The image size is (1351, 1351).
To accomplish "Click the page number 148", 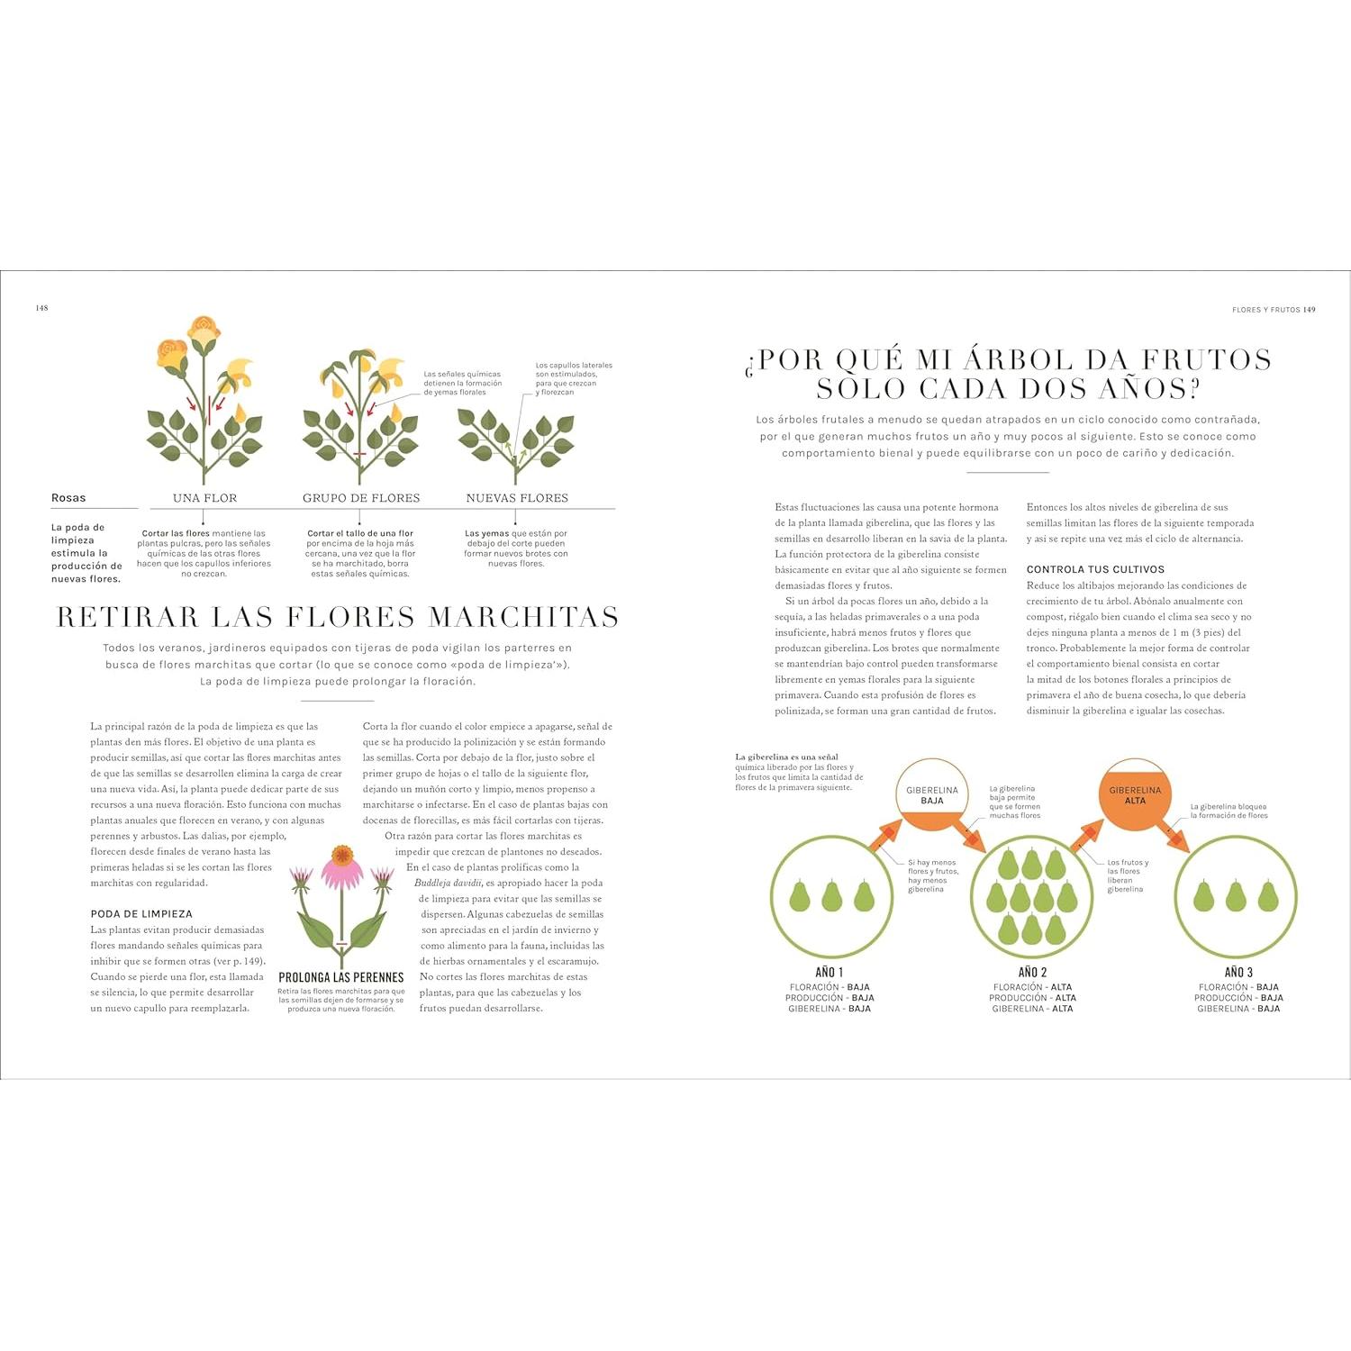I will pos(41,308).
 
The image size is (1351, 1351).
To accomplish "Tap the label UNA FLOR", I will pos(204,498).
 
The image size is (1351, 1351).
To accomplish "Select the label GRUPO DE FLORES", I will pos(361,498).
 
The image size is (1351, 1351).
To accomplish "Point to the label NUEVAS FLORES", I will pos(517,498).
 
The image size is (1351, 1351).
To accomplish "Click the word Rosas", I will pos(68,498).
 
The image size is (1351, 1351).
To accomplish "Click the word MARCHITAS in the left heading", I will pos(523,618).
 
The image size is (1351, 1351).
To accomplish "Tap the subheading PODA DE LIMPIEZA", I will pos(141,914).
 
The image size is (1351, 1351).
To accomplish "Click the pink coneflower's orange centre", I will pos(342,855).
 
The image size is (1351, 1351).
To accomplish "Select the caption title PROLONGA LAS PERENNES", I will pos(341,977).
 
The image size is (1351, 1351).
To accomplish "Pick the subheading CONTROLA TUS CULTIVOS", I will pos(1095,570).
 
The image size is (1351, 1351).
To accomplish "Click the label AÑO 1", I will pos(829,973).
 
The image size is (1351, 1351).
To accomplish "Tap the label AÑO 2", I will pos(1032,973).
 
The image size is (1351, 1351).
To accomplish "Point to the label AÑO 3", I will pos(1238,973).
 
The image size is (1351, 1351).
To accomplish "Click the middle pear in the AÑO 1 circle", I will pos(830,896).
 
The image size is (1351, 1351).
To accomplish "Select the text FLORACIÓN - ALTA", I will pos(1032,987).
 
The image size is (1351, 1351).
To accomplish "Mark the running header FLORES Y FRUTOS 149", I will pos(1274,310).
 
